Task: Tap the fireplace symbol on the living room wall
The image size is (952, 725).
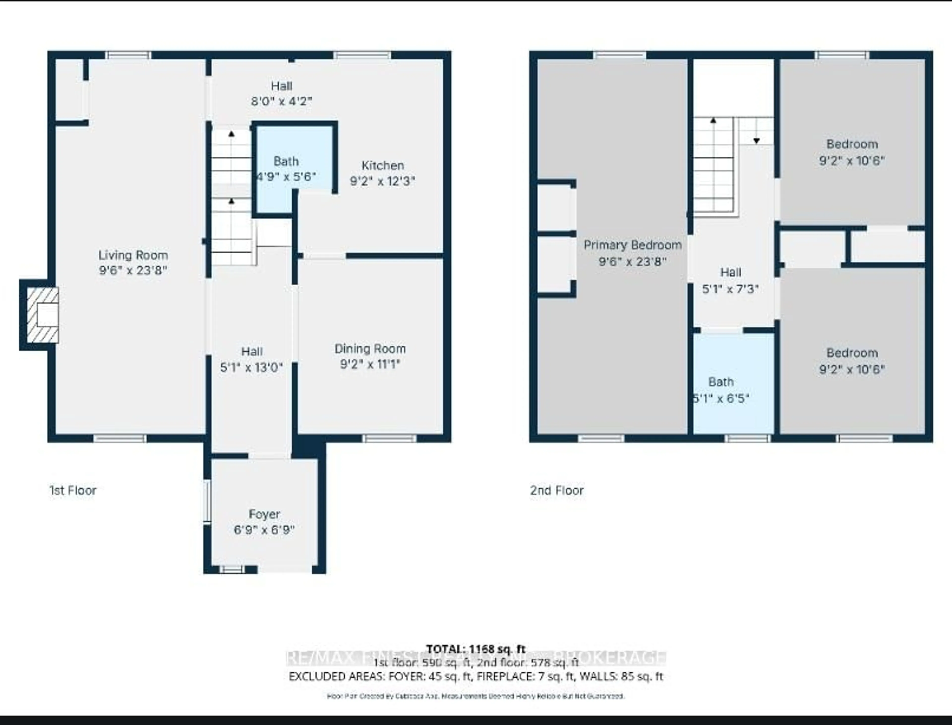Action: [43, 315]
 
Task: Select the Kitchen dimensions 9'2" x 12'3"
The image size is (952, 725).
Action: [382, 181]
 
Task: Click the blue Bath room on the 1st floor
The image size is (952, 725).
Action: [294, 168]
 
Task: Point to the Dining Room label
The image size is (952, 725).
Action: [370, 349]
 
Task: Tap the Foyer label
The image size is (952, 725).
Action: [264, 514]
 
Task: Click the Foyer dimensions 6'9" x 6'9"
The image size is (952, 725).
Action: [264, 529]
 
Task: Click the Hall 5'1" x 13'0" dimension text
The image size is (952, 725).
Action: [252, 367]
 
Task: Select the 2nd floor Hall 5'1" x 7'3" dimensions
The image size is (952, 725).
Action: [730, 289]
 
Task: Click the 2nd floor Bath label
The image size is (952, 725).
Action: [721, 382]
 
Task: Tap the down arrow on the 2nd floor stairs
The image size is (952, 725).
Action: [756, 140]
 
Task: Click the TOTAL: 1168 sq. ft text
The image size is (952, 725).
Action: [476, 649]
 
